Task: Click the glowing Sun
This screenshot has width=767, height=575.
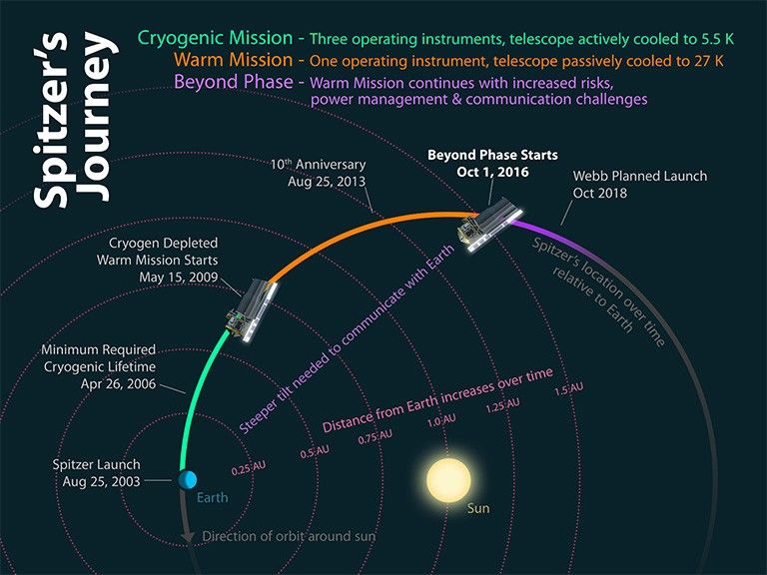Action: [x=448, y=479]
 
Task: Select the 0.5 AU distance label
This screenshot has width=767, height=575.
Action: [x=316, y=452]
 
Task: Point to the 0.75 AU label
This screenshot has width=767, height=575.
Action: [x=375, y=437]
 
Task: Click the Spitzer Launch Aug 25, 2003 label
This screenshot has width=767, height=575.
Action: [x=98, y=472]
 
